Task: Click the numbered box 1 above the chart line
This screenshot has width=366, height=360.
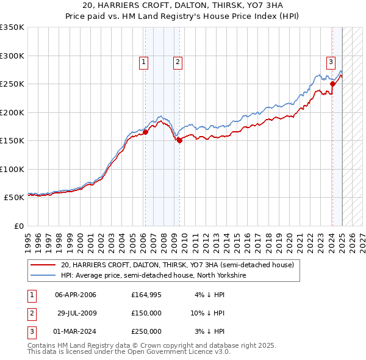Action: click(143, 61)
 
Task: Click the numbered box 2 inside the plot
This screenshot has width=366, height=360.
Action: click(177, 61)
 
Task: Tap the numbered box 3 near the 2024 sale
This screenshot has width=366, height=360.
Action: click(330, 61)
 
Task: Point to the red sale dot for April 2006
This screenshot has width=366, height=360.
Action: click(145, 131)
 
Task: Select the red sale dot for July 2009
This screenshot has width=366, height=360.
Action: click(180, 140)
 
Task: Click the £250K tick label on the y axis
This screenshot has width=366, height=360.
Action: click(12, 84)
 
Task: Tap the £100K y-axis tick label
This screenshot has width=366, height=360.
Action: click(12, 169)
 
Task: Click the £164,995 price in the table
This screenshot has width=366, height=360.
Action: click(146, 295)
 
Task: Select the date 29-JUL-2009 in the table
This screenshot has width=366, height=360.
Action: click(77, 313)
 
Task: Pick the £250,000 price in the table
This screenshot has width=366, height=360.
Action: click(146, 331)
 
